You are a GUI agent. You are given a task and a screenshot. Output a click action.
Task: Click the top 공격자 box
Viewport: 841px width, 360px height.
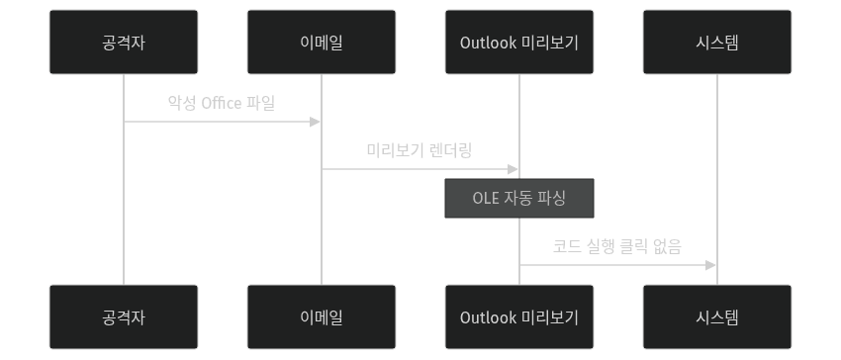(124, 42)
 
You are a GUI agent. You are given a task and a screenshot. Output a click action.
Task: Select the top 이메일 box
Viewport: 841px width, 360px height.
(322, 42)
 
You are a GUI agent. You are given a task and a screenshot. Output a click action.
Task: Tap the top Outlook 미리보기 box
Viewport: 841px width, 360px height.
(519, 42)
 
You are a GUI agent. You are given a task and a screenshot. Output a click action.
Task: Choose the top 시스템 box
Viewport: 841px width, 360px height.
(717, 42)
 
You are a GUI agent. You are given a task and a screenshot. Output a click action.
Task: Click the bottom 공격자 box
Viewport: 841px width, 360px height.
(124, 316)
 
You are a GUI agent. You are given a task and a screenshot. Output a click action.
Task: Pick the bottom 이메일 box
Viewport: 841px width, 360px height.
(322, 316)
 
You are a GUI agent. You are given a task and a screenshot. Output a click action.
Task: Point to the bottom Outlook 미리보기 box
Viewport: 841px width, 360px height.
(519, 316)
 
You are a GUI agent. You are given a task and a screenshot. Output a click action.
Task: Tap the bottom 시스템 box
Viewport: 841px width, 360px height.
(717, 316)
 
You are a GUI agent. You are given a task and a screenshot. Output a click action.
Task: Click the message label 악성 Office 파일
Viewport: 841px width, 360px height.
(222, 103)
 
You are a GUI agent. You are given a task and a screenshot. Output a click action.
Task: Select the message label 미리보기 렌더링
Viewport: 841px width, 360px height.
(420, 150)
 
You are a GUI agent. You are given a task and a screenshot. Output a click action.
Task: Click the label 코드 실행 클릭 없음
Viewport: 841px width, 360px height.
(617, 246)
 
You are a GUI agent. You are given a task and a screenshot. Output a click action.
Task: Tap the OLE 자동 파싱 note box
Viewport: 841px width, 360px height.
(519, 198)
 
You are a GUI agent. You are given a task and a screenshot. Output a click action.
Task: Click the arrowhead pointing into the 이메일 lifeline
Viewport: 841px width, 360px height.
(316, 122)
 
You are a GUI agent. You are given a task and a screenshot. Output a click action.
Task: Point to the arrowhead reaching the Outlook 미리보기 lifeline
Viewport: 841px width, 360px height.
(514, 169)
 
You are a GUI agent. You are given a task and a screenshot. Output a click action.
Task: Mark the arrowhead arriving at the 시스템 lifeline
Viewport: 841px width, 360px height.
(711, 265)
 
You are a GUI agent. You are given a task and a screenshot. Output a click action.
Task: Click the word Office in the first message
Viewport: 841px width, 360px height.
(222, 103)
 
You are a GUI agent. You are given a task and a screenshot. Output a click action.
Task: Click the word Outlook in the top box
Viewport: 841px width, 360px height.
(488, 42)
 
